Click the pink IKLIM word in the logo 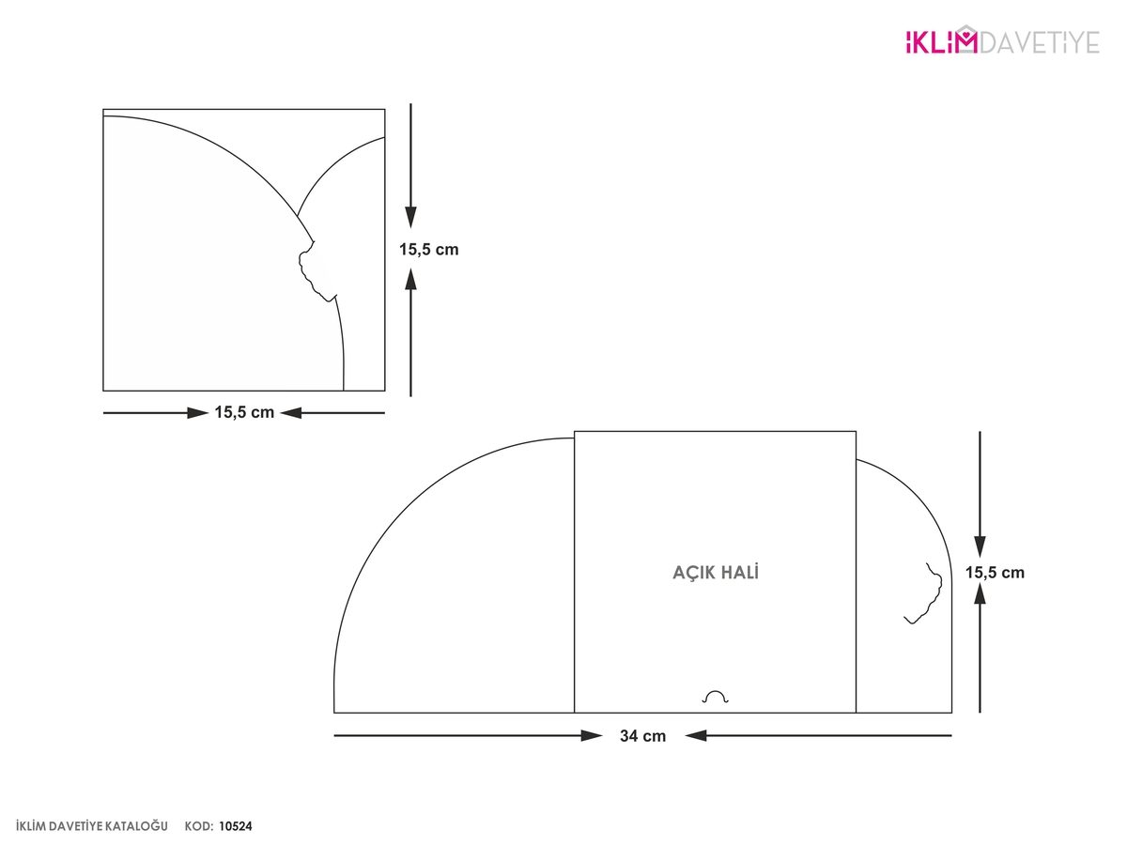click(x=934, y=42)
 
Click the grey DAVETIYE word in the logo click(x=1040, y=42)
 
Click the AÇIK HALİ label click(x=716, y=572)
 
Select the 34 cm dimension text click(x=642, y=736)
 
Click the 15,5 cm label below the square click(x=244, y=412)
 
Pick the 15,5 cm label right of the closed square click(x=428, y=250)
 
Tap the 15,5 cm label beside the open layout click(x=995, y=573)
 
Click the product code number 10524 click(x=236, y=826)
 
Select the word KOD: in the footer click(x=199, y=826)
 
